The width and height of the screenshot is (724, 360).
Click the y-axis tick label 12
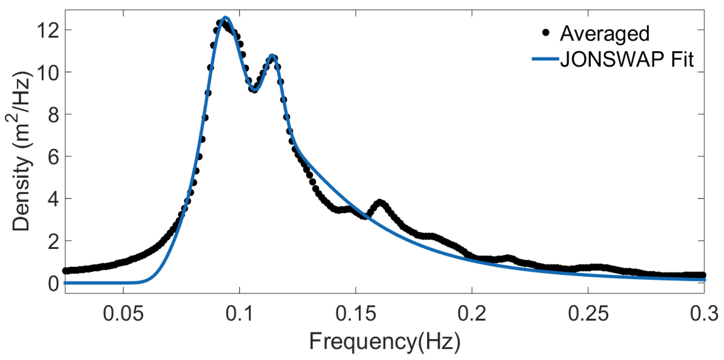click(48, 30)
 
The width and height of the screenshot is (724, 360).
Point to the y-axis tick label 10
click(48, 73)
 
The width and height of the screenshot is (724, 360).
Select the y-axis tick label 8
click(53, 115)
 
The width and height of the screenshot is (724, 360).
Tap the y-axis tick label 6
click(53, 157)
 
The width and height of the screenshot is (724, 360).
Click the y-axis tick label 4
click(53, 199)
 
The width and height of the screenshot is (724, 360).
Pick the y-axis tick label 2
click(53, 242)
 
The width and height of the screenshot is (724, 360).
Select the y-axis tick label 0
click(53, 284)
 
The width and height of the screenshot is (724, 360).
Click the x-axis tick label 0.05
click(123, 314)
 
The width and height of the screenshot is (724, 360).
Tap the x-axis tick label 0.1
click(240, 314)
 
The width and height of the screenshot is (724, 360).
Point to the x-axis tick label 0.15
click(356, 314)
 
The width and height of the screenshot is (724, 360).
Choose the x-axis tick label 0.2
click(472, 314)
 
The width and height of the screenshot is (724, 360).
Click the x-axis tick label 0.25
click(588, 314)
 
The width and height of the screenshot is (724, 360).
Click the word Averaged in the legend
click(605, 34)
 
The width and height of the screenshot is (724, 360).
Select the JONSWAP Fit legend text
click(627, 59)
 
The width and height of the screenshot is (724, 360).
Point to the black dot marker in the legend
click(546, 33)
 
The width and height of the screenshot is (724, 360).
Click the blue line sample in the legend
click(545, 59)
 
